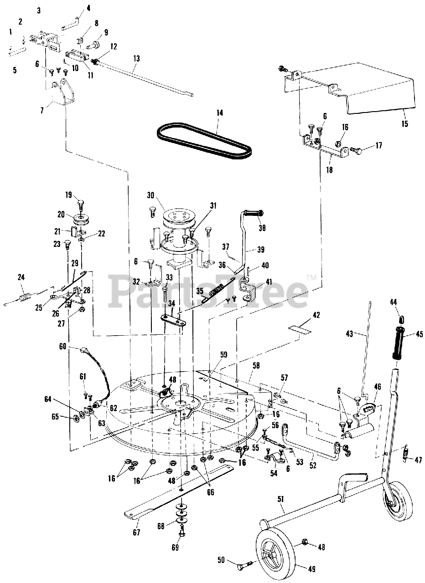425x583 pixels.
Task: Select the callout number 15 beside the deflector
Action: pos(405,123)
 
